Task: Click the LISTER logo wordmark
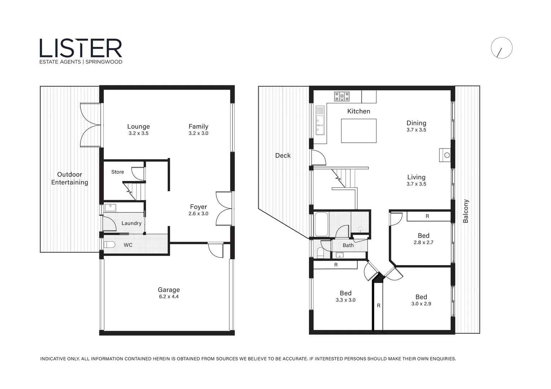coord(81,48)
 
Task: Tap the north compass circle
coord(501,48)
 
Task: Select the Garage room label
coord(168,290)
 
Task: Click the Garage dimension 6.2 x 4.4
coord(168,297)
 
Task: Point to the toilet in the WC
coord(109,245)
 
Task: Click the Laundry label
coord(131,223)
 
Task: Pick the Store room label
coord(118,172)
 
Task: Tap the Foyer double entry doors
coord(224,209)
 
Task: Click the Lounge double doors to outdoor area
coord(90,125)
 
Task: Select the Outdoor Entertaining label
coord(70,178)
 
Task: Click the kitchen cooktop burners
coord(342,97)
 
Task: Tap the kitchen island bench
coord(358,131)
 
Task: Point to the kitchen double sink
coord(320,120)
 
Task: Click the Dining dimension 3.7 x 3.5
coord(416,130)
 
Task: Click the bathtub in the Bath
coord(321,224)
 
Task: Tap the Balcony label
coord(466,211)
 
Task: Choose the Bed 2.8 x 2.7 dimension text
coord(423,243)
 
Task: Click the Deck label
coord(283,156)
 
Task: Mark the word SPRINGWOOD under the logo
coord(104,62)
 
